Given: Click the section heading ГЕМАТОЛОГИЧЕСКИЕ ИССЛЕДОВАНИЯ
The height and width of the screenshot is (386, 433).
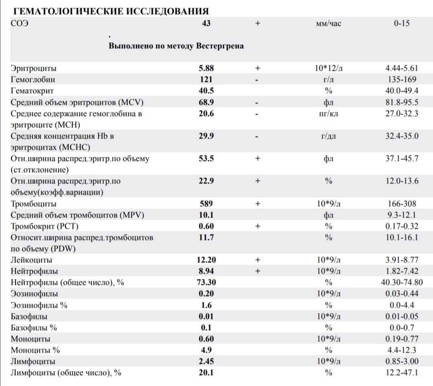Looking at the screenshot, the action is coord(111,11).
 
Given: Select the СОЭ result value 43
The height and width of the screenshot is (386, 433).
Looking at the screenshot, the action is coord(206,23).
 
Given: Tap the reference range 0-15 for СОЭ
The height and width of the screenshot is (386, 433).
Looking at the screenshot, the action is coord(401,23).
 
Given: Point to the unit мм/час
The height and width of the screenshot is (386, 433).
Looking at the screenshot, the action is coord(328,24).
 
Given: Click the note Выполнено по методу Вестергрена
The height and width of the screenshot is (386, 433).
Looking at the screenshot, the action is coord(176,46).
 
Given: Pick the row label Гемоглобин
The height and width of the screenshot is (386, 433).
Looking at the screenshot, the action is coord(33,79).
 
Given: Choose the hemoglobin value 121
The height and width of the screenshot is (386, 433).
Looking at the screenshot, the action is coord(206,79).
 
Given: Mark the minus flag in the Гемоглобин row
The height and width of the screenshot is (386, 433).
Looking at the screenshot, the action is coord(257,80).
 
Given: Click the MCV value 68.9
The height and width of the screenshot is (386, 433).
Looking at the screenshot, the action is coord(206,102).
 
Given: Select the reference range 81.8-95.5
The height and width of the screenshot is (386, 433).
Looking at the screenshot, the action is coord(402,102).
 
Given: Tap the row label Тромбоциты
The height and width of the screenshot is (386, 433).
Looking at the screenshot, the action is coord(33,204).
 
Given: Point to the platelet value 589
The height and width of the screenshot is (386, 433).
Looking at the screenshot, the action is coord(206,204).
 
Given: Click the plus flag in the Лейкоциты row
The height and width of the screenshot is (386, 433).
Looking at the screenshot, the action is coord(257,260).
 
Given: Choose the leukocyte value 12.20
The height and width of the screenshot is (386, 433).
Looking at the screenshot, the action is coord(206,260).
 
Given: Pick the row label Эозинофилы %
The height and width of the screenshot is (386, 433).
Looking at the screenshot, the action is coord(39,305).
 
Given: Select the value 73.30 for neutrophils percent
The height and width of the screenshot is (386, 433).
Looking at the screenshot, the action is coord(206,283).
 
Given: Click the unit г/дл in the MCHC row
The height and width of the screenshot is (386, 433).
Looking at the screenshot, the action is coord(328,136).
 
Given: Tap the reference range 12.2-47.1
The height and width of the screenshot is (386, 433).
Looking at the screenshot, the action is coord(402,373).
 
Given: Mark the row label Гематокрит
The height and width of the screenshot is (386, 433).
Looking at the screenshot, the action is coord(32,91).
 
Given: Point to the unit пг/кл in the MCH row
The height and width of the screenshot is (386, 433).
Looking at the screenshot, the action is coord(328,113).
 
